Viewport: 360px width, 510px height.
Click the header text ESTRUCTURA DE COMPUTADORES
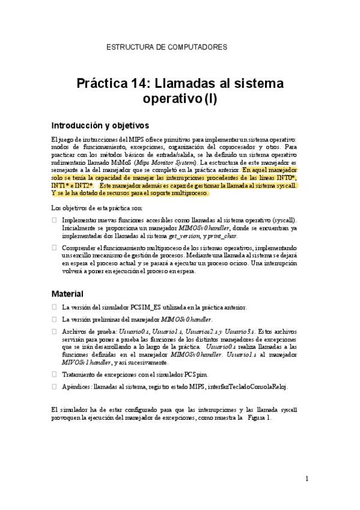pyautogui.click(x=166, y=46)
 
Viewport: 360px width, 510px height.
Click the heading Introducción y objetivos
pyautogui.click(x=100, y=126)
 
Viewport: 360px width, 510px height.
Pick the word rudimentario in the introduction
pyautogui.click(x=70, y=162)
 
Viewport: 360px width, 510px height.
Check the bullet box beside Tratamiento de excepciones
pyautogui.click(x=55, y=375)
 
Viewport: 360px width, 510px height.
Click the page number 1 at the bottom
pyautogui.click(x=307, y=479)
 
